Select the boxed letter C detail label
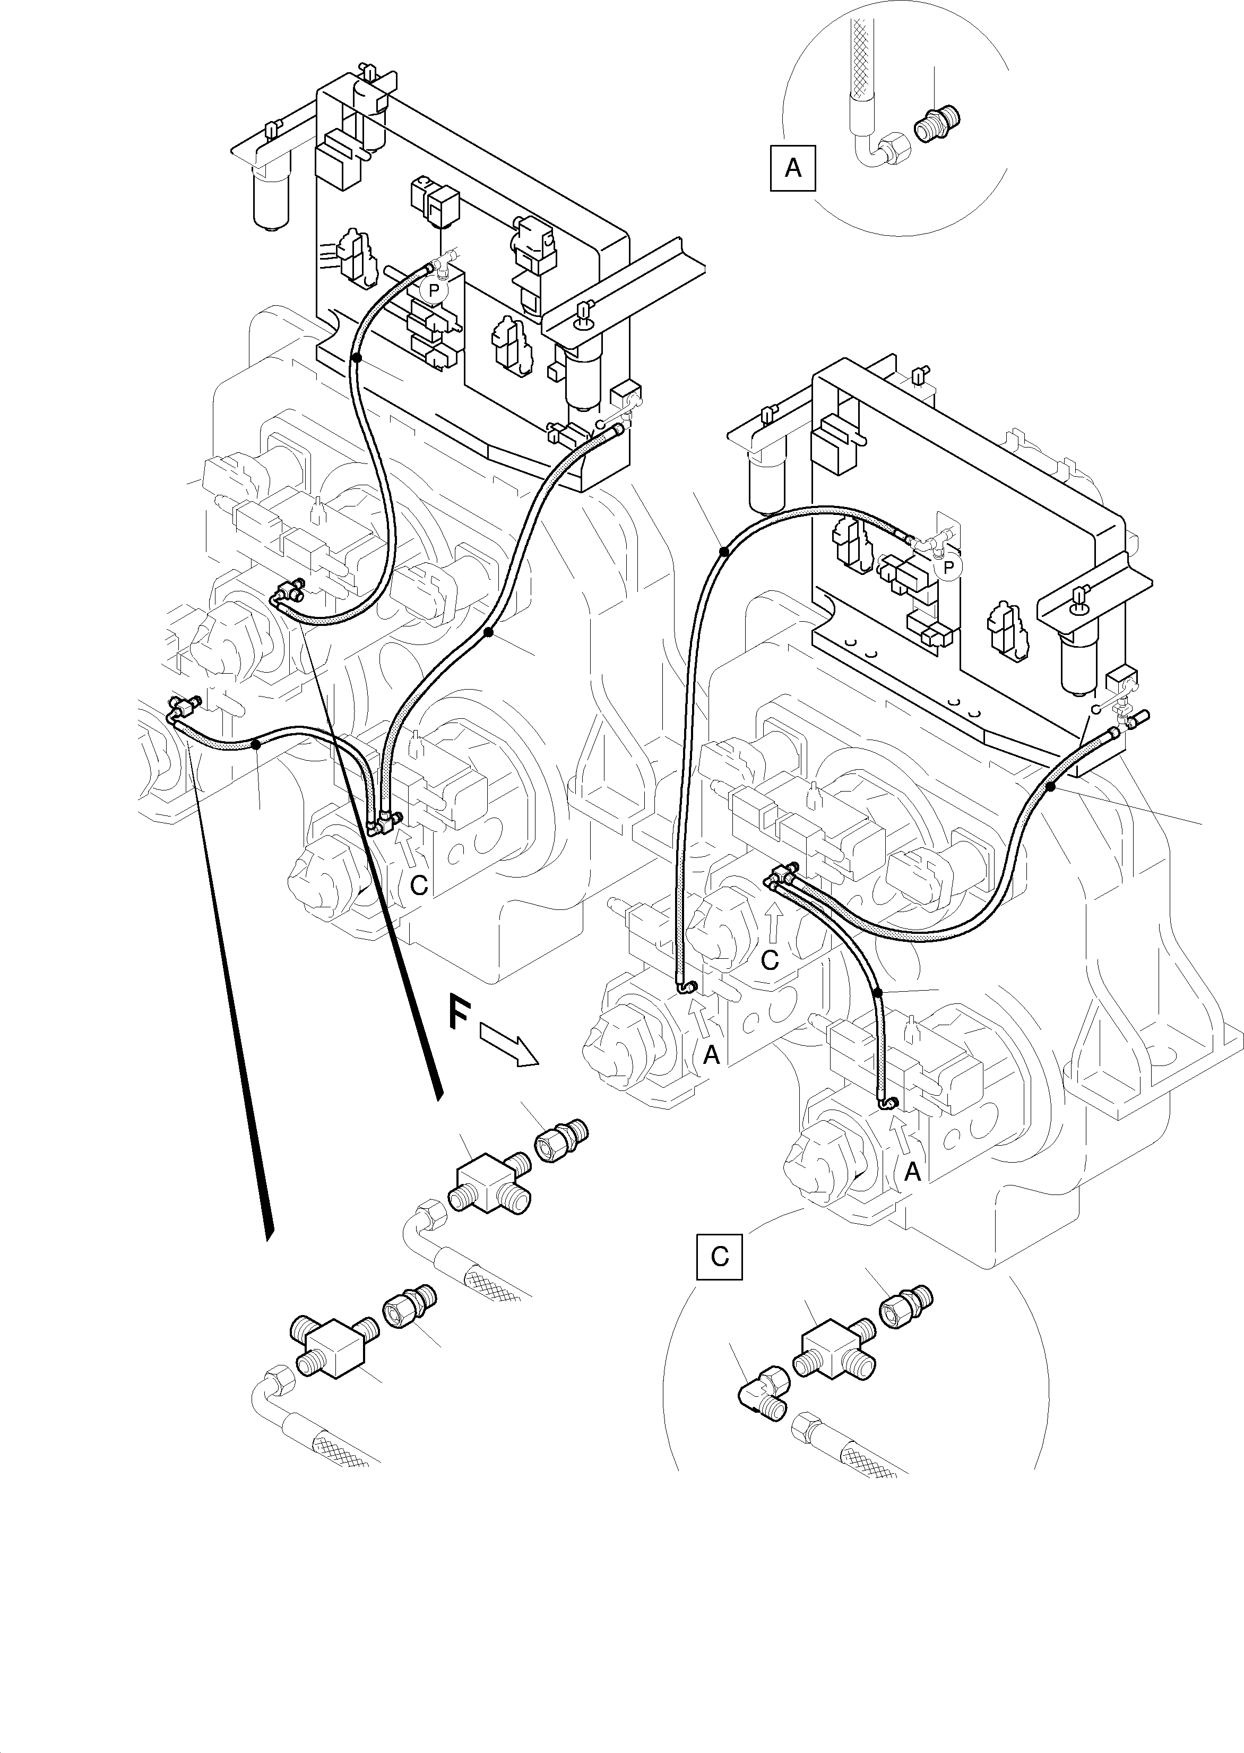[x=719, y=1257]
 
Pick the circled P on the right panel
[x=948, y=567]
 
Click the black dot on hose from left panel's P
[x=356, y=358]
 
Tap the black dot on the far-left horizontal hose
[x=256, y=743]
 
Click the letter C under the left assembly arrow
[x=418, y=885]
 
